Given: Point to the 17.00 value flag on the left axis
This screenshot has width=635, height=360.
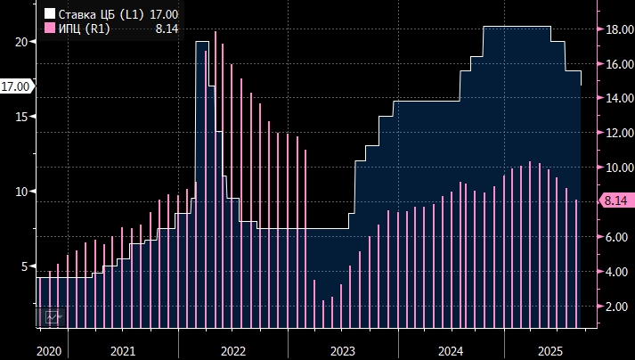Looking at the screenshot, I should (x=16, y=86).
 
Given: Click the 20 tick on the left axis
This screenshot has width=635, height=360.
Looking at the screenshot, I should (x=21, y=41).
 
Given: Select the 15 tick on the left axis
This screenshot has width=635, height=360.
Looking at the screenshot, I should (x=21, y=117).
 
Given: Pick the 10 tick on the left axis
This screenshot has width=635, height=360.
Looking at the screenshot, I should (x=21, y=192).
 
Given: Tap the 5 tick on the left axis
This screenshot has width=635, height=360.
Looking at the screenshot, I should (x=25, y=266).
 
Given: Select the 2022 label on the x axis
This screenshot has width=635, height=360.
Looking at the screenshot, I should (x=232, y=351).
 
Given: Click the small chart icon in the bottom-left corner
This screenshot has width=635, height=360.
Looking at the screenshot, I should (x=53, y=316).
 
